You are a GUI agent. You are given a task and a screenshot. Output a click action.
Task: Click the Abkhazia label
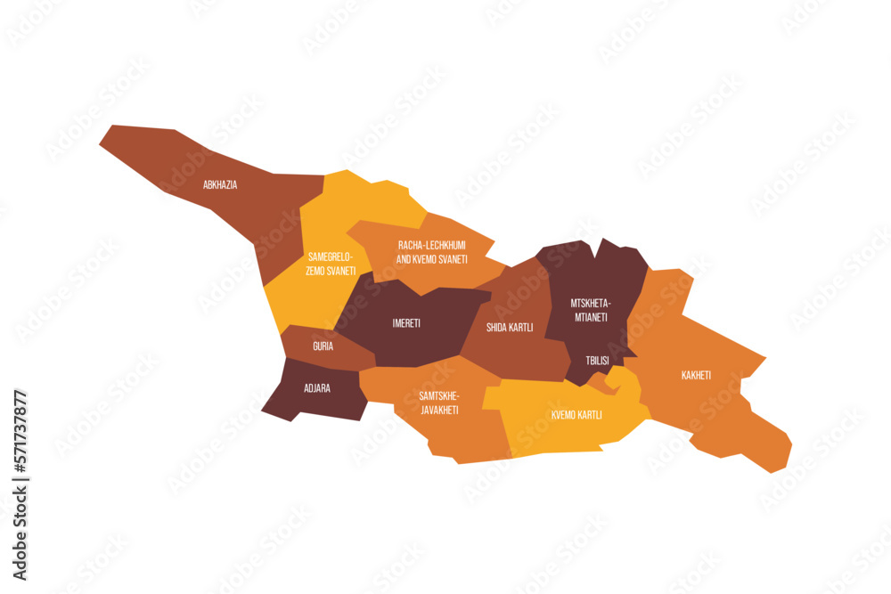point(219,185)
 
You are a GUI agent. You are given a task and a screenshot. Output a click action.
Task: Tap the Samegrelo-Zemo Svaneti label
point(331,264)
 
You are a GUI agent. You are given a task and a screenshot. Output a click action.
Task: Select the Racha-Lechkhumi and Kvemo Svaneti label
point(431,251)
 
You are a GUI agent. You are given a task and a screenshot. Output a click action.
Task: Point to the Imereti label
point(406,322)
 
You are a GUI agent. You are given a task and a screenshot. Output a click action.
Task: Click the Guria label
point(323,346)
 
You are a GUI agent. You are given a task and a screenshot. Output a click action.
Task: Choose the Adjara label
point(316,388)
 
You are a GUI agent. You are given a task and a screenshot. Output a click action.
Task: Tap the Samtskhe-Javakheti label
point(438,403)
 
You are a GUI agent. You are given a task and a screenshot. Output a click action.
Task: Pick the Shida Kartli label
point(510,327)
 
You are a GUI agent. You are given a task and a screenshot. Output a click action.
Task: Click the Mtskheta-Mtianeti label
point(589,309)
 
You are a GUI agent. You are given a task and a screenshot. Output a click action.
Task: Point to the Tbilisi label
point(597,361)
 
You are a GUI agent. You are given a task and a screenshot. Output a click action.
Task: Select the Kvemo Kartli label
point(576,415)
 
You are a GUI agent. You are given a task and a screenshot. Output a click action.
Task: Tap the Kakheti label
point(696,375)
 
